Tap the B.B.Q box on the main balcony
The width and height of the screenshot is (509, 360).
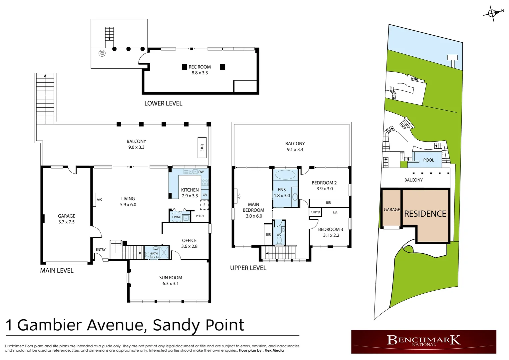click(x=202, y=147)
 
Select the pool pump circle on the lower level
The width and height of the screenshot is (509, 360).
click(x=102, y=53)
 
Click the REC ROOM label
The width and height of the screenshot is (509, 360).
click(x=200, y=67)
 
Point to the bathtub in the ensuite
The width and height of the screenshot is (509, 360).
click(x=285, y=175)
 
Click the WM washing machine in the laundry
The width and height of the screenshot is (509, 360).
click(x=177, y=217)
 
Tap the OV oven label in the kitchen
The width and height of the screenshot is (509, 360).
click(x=205, y=195)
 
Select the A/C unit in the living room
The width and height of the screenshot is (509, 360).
click(x=95, y=199)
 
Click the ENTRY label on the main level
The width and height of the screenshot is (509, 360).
click(x=101, y=250)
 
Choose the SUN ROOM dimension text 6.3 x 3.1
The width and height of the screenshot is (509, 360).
click(x=171, y=284)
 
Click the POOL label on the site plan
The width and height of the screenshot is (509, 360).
click(x=428, y=160)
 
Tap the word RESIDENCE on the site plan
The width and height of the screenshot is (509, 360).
click(x=425, y=214)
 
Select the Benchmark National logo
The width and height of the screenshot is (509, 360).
click(x=423, y=341)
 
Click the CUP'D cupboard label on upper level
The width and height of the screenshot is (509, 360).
click(x=315, y=212)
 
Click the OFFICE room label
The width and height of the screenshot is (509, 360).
click(x=189, y=240)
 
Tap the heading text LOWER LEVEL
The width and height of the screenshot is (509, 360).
click(x=163, y=103)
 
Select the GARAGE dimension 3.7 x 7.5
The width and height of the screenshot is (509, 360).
click(x=66, y=222)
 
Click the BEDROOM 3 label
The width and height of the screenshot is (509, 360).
click(x=330, y=229)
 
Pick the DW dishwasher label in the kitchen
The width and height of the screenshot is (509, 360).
click(x=201, y=172)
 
